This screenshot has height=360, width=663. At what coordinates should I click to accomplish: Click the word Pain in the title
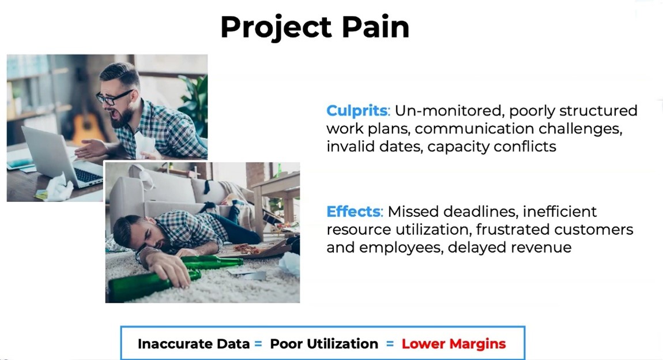pos(375,27)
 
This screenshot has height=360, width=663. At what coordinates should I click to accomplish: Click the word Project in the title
pos(276,28)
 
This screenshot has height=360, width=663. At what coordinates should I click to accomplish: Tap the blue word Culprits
pos(357,110)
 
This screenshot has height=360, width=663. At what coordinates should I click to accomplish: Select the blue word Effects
pos(353,211)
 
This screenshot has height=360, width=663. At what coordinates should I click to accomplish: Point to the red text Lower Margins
pos(454,344)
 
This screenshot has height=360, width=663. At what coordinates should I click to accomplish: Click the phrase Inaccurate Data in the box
pos(194,344)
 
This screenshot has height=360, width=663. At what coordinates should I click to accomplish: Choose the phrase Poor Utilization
pos(324,344)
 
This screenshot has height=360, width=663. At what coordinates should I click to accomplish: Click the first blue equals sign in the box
pos(258,344)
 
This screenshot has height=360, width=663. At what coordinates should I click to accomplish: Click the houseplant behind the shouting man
pos(194,102)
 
